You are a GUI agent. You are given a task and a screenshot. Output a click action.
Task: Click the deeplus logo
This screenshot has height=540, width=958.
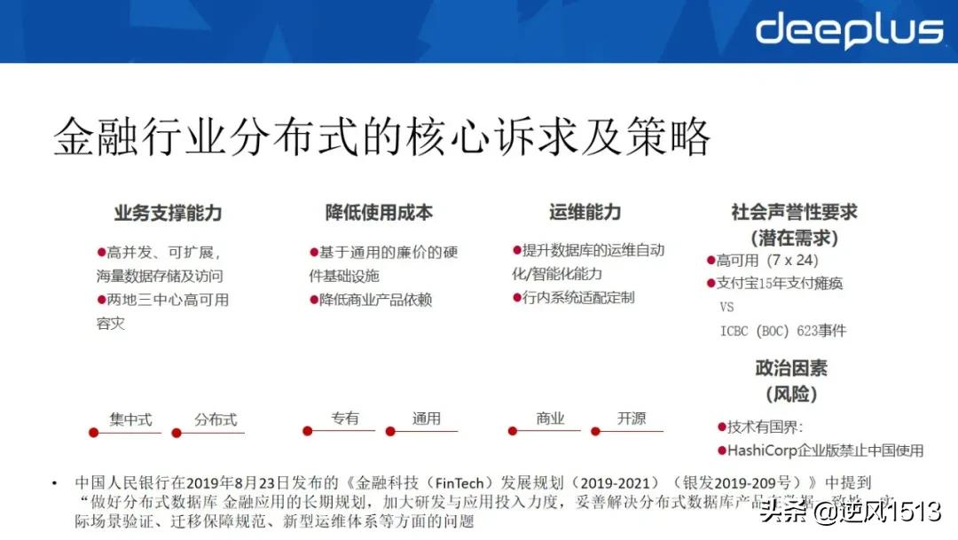[x=849, y=30]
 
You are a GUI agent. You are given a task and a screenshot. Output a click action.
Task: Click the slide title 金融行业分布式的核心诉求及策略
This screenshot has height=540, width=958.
[x=381, y=137]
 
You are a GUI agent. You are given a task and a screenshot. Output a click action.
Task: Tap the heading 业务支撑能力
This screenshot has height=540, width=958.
[x=168, y=213]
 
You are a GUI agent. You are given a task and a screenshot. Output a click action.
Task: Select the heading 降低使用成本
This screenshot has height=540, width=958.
[x=379, y=213]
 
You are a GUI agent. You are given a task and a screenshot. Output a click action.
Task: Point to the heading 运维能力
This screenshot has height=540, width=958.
[x=585, y=213]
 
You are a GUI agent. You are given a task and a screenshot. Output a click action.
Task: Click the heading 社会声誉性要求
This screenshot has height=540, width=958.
[x=794, y=213]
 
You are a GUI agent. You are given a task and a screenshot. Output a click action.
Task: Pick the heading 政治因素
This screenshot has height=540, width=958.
[x=792, y=368]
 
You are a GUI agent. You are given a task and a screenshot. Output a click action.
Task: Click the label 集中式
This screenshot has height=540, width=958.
[x=131, y=419]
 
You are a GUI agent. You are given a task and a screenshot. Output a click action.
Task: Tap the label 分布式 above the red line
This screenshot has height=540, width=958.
[x=216, y=419]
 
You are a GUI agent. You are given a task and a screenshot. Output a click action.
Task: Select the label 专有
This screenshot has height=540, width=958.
[x=345, y=419]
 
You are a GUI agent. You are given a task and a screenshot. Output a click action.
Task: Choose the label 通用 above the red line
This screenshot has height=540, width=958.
[x=426, y=419]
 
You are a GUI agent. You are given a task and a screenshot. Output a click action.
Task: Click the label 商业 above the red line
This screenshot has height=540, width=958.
[x=550, y=419]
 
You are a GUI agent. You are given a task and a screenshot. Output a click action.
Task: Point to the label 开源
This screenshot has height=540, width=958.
[x=632, y=419]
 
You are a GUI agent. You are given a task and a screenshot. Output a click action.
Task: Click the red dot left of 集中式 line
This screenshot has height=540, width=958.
[x=92, y=433]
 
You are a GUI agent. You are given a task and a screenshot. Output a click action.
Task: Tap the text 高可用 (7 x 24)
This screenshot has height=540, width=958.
[x=767, y=261]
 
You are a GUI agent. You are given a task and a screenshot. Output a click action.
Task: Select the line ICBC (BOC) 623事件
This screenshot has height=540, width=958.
[x=783, y=331]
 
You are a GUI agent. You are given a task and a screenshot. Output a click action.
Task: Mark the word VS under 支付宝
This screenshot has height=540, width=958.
[x=727, y=308]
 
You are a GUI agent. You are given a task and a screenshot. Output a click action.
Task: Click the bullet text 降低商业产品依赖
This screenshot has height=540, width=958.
[x=375, y=300]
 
